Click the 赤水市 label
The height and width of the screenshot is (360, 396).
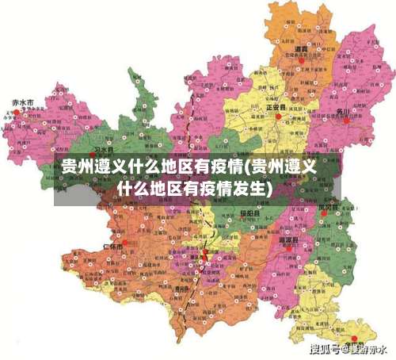(23, 102)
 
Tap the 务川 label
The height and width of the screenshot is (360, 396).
(341, 110)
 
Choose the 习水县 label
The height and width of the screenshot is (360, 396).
(104, 149)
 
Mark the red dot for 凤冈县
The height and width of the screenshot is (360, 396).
(324, 213)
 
